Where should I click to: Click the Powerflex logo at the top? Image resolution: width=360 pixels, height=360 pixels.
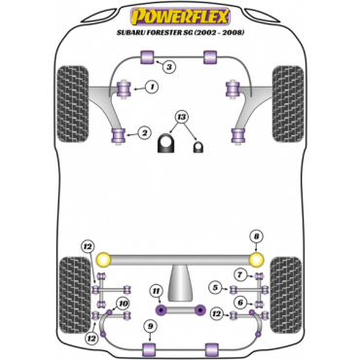point(180,18)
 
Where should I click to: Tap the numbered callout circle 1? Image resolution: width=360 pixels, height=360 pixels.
point(152,87)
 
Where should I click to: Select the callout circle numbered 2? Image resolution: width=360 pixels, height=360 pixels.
point(144,132)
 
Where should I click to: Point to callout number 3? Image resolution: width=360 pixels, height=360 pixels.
point(169,67)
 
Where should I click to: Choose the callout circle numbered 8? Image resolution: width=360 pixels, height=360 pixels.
point(256,236)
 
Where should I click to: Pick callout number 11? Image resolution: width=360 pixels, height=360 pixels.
point(157,292)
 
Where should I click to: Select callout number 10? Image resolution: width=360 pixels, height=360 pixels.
point(124,304)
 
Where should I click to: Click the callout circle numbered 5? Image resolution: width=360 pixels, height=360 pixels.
point(215,287)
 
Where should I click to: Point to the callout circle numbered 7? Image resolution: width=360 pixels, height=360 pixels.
point(240,275)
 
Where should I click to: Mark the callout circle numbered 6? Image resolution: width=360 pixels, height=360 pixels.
point(240,303)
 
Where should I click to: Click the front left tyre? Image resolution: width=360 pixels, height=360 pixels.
point(73,103)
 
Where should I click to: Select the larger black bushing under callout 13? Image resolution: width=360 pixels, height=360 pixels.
point(166,143)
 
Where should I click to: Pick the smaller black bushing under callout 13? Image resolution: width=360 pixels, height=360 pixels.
point(198,147)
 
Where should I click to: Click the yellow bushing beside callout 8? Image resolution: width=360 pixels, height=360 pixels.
point(256,259)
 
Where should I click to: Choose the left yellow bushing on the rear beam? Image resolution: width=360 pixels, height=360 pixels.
point(104,259)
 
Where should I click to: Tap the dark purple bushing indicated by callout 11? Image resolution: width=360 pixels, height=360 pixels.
point(161,309)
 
